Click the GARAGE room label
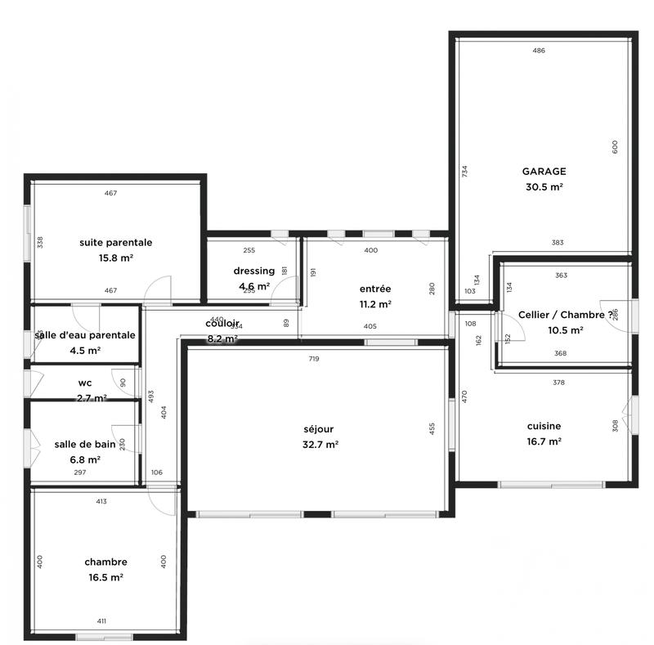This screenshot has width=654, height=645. (x=544, y=172)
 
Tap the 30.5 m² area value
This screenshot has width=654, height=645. (x=544, y=186)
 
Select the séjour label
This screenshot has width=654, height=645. (x=319, y=428)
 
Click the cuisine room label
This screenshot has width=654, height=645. (x=544, y=425)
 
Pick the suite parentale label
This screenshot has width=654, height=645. (x=116, y=242)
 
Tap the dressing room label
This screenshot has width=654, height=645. (x=253, y=271)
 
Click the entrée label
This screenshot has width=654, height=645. (x=375, y=289)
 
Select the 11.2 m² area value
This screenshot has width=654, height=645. (x=375, y=303)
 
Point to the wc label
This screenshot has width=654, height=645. (x=84, y=382)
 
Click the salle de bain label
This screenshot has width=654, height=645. (x=85, y=444)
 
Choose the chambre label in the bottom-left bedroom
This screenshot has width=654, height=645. (x=105, y=562)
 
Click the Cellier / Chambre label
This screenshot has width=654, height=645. (x=565, y=315)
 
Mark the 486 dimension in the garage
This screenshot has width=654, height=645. (x=538, y=51)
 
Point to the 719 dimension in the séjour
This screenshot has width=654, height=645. (x=314, y=359)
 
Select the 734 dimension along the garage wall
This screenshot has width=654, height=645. (x=464, y=172)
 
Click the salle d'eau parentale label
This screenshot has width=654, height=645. (x=85, y=334)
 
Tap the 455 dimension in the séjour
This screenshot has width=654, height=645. (x=432, y=428)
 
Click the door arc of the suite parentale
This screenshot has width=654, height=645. (x=159, y=288)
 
